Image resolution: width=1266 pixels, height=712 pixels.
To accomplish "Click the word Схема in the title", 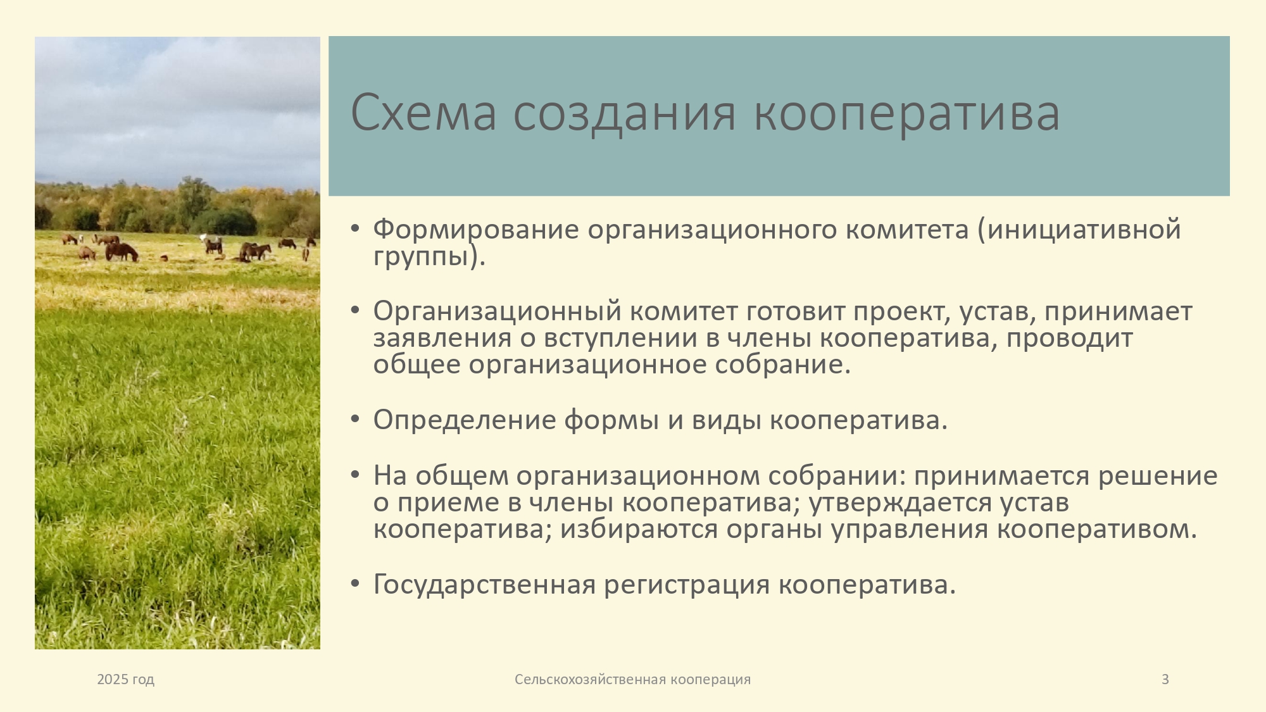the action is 423,113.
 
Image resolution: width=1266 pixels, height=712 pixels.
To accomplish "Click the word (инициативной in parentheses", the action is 1079,229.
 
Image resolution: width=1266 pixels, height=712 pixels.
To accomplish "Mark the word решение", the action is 1158,476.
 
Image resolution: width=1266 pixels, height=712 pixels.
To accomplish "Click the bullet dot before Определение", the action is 354,419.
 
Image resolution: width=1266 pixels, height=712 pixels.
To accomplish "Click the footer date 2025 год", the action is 125,680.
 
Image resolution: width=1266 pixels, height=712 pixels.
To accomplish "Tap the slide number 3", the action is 1165,680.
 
